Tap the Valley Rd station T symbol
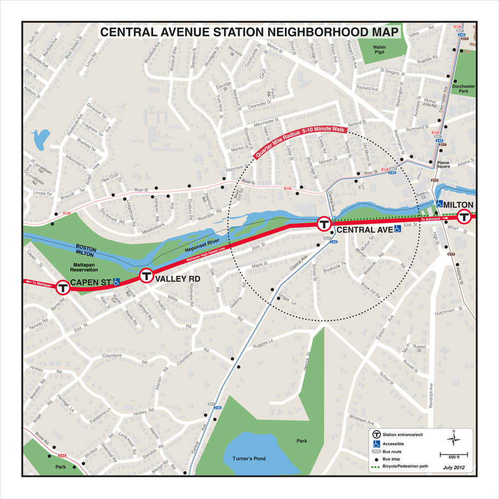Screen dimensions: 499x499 pyautogui.click(x=146, y=275)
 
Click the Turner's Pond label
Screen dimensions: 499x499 pyautogui.click(x=249, y=459)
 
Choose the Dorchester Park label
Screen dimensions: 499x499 pyautogui.click(x=463, y=89)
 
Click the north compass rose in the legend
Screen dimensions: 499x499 pyautogui.click(x=454, y=439)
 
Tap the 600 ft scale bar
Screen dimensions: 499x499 pyautogui.click(x=453, y=455)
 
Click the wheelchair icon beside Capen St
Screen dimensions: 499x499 pyautogui.click(x=116, y=282)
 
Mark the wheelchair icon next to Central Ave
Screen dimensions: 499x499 pyautogui.click(x=398, y=230)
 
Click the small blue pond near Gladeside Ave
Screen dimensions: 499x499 pyautogui.click(x=40, y=138)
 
